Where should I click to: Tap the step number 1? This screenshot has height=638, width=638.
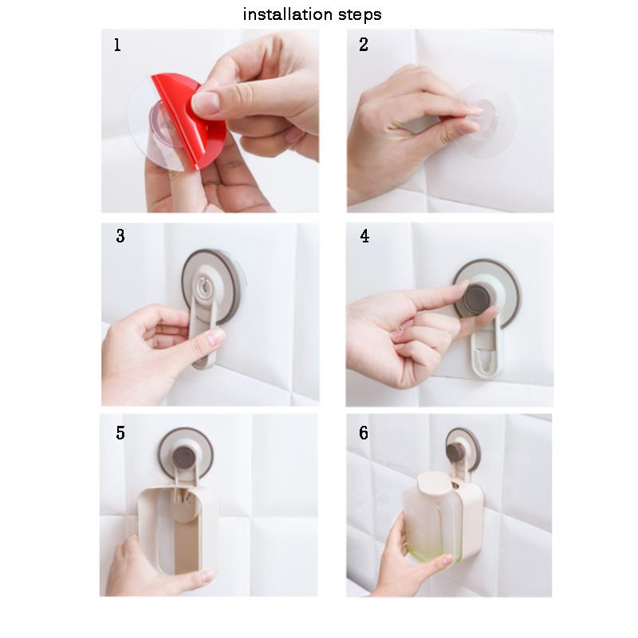click(x=117, y=45)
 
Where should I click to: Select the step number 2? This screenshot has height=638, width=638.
click(x=364, y=45)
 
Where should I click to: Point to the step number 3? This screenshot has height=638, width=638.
click(x=120, y=236)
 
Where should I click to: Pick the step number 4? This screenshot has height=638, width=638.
click(x=364, y=236)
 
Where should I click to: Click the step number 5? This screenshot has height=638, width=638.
click(x=120, y=433)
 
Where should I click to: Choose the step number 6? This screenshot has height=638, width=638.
click(x=364, y=433)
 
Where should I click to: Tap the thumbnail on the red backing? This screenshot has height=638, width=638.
click(x=206, y=103)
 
